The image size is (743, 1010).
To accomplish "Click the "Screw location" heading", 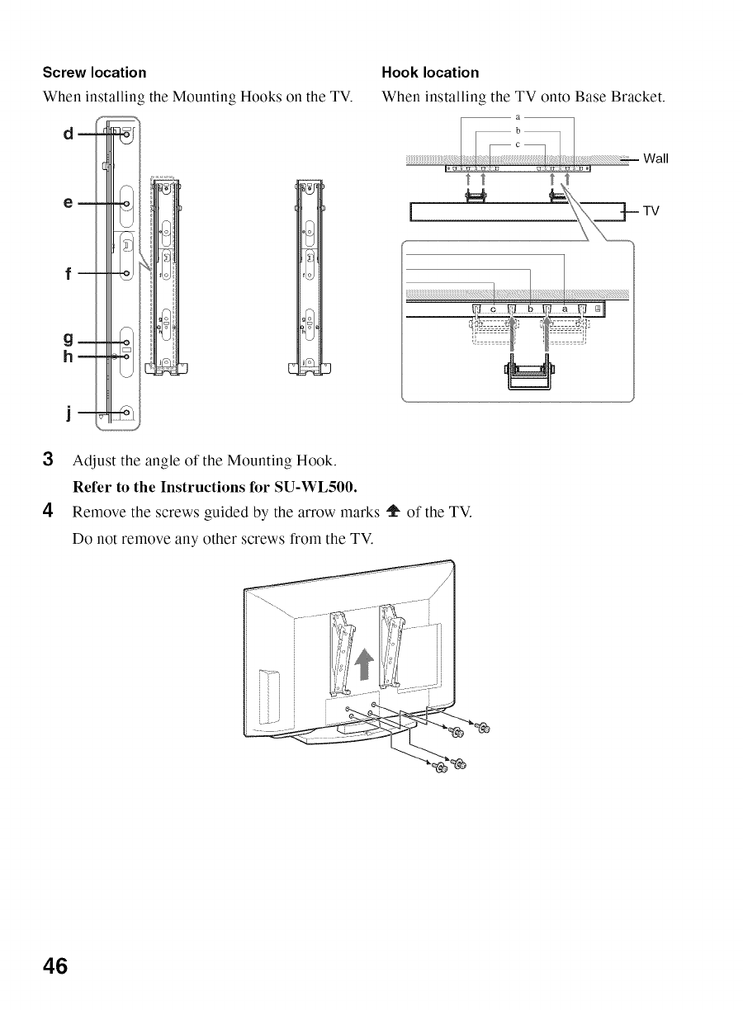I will click(x=95, y=73).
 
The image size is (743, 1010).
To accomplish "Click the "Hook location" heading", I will click(x=430, y=73).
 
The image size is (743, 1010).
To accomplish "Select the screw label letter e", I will click(x=67, y=202).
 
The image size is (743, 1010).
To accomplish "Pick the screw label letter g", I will click(x=67, y=339).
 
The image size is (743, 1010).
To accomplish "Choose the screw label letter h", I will click(x=67, y=356).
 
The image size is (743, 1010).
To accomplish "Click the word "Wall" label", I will click(x=655, y=158).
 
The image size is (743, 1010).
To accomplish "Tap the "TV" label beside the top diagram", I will click(x=651, y=211).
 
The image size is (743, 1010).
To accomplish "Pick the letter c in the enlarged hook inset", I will click(x=494, y=309).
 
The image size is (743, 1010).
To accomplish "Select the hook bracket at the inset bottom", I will click(x=529, y=375).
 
